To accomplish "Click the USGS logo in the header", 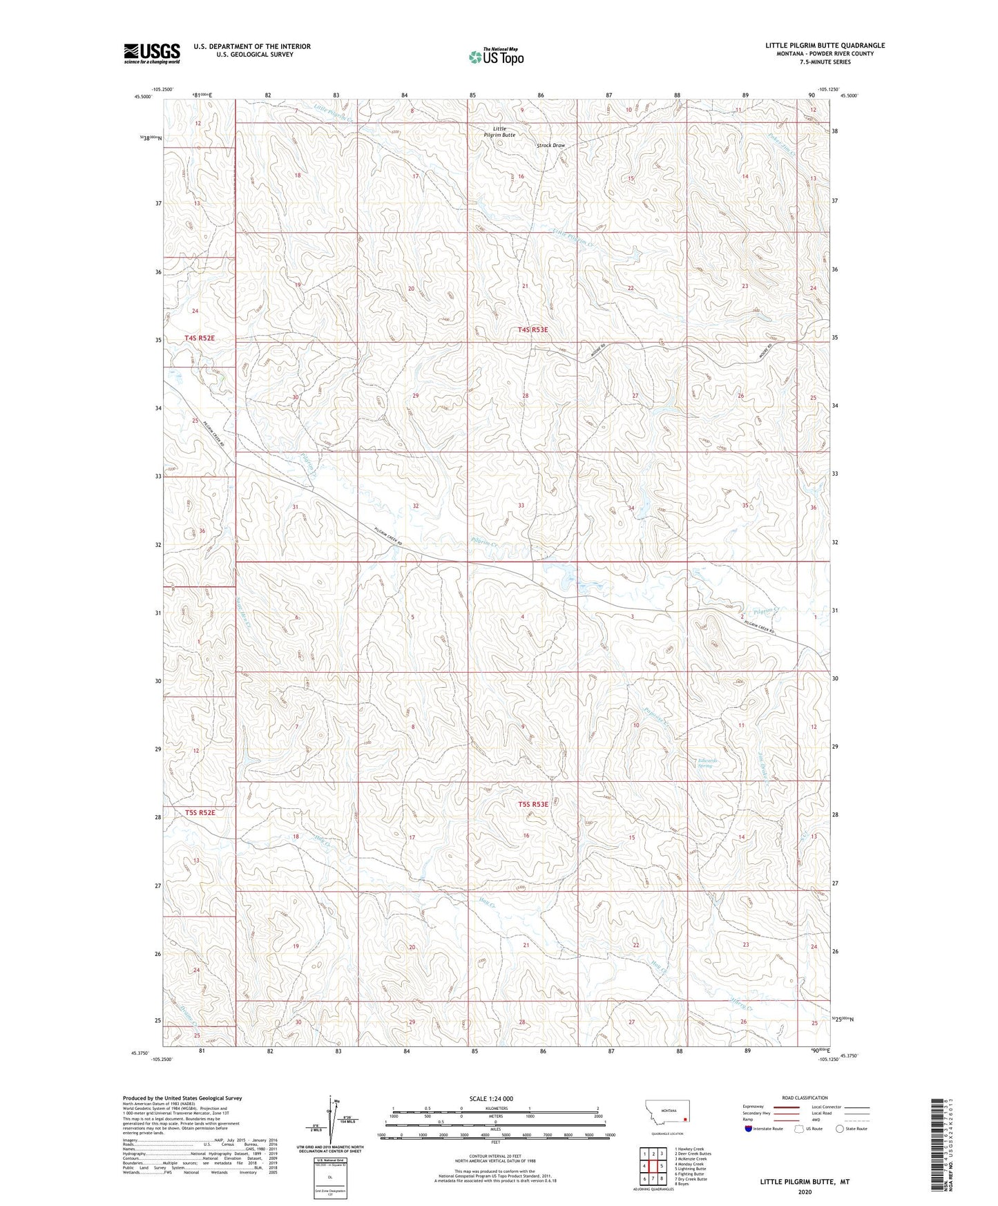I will [x=151, y=53].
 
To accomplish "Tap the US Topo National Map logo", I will [x=495, y=57].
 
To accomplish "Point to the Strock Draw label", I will [x=550, y=146].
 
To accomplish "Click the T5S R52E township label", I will [x=200, y=813].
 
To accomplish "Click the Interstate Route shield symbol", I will [x=749, y=1129].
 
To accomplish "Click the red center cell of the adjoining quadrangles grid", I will [x=653, y=1166].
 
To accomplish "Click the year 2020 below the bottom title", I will [x=804, y=1192].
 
